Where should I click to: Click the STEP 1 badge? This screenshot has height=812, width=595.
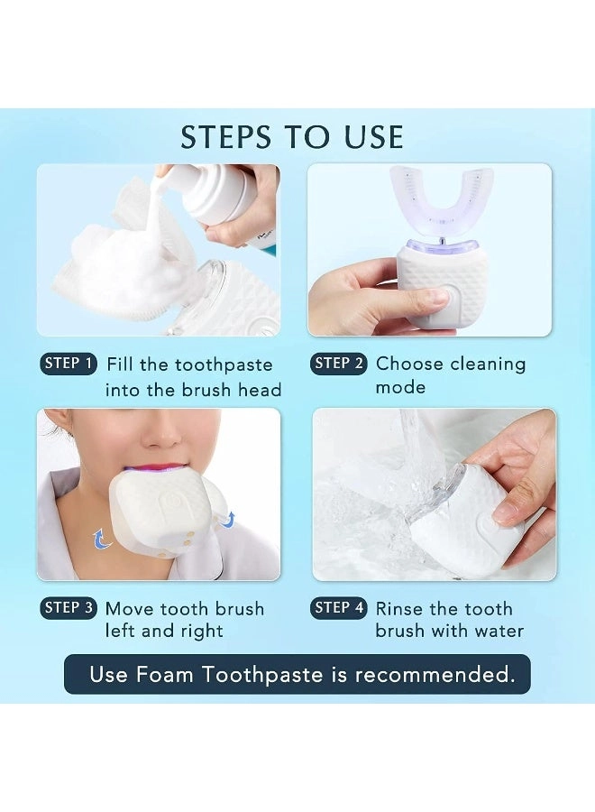click(x=68, y=364)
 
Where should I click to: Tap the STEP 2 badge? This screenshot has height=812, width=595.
click(x=339, y=364)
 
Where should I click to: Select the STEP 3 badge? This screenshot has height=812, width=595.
click(x=69, y=608)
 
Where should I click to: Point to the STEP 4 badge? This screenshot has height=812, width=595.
click(x=339, y=608)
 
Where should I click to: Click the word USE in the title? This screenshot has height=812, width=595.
click(x=372, y=137)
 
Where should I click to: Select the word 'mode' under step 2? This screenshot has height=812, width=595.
click(x=400, y=387)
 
